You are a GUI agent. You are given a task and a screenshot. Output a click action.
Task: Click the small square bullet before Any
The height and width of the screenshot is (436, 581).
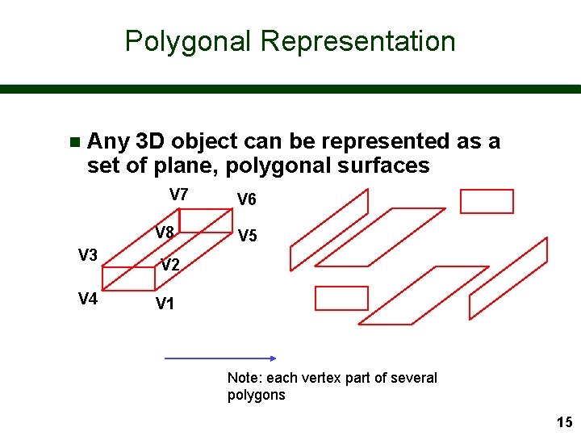point(74,143)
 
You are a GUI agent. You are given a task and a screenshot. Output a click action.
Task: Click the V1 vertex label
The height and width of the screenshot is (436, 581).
point(165,304)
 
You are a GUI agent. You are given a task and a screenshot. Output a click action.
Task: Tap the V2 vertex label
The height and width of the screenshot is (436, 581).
point(170,265)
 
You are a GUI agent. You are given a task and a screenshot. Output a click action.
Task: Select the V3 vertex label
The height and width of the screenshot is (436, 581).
point(88,256)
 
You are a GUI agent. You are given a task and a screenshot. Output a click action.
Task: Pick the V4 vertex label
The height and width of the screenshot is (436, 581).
point(88,300)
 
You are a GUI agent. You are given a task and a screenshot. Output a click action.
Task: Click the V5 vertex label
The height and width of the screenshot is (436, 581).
point(247,237)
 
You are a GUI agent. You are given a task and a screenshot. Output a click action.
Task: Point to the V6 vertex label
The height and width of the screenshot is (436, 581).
point(247,199)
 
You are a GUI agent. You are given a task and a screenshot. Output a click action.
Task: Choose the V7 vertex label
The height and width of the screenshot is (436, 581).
point(178,195)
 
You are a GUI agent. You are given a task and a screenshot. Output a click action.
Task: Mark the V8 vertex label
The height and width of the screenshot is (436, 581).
point(165,233)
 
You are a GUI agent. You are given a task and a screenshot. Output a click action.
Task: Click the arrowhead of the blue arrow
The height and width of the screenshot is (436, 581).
point(272,358)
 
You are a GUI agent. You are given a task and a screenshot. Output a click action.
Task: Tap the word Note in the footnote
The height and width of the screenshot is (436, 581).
point(243,378)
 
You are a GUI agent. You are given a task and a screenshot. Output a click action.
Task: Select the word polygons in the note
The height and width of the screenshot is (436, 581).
point(257,395)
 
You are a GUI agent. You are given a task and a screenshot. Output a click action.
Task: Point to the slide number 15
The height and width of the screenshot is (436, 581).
point(564,421)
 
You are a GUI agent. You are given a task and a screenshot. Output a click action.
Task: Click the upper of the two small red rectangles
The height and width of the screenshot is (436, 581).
point(487,201)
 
